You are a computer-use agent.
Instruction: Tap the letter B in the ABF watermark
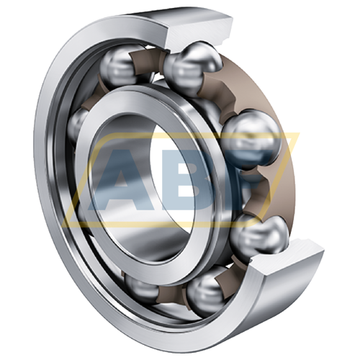pyautogui.click(x=202, y=181)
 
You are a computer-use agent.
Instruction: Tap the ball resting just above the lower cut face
pyautogui.click(x=258, y=235)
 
